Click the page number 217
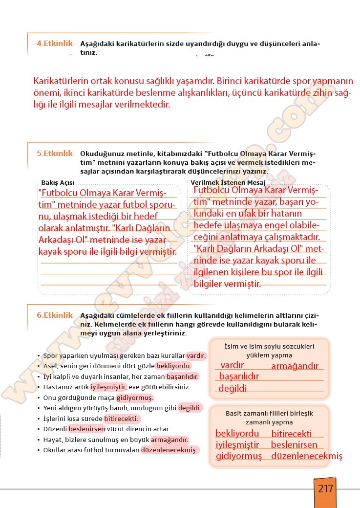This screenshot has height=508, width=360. click(x=325, y=488)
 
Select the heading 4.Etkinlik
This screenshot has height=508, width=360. click(x=54, y=43)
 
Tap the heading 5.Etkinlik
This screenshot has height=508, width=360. click(x=54, y=153)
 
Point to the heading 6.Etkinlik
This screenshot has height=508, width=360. click(x=54, y=315)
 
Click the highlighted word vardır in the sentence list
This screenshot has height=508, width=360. click(x=196, y=355)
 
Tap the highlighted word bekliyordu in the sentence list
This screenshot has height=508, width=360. click(x=173, y=366)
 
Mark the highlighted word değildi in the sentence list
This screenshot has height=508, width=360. click(x=190, y=408)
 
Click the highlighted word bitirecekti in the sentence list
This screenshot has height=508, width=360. click(x=122, y=419)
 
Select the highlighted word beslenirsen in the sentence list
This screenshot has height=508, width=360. click(x=87, y=429)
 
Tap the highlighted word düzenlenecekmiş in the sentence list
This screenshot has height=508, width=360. click(x=169, y=450)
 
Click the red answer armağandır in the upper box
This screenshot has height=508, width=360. click(x=295, y=366)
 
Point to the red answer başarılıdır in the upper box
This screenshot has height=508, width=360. click(x=239, y=376)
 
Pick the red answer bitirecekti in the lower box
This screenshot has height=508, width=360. click(x=291, y=434)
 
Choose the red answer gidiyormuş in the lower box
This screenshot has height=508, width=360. click(x=239, y=456)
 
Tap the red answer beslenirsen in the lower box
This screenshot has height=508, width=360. click(x=294, y=445)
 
